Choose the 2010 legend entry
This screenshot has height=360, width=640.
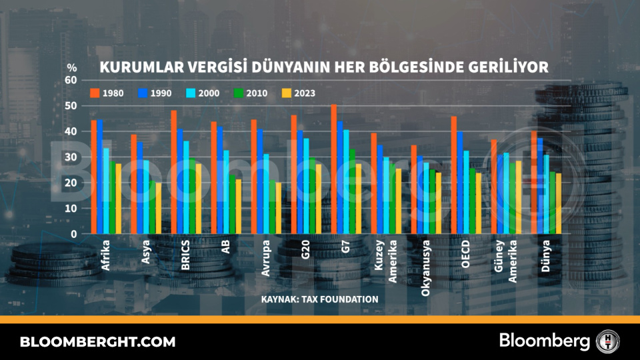point(252,93)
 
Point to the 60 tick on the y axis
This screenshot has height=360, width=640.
point(70,80)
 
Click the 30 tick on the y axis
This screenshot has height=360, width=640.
point(70,157)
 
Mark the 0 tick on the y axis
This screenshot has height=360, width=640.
point(74,234)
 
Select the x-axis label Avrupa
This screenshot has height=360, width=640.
point(265,256)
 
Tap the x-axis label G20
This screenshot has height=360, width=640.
point(305,253)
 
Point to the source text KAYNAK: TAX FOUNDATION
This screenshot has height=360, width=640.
point(320,299)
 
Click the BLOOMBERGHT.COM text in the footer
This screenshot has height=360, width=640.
point(97,342)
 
